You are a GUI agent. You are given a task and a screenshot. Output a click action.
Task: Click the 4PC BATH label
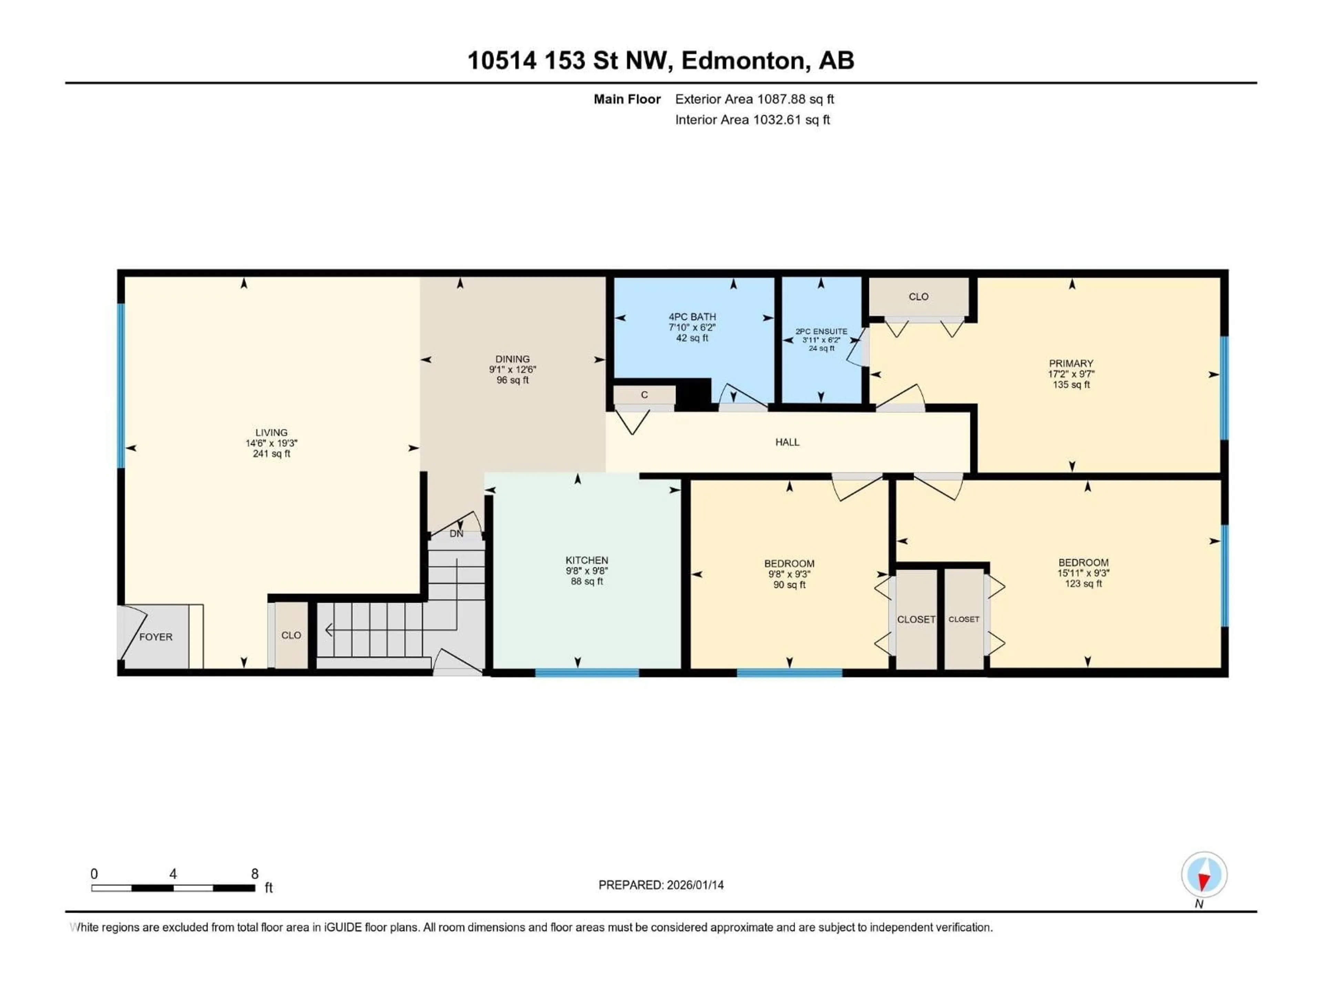tap(692, 317)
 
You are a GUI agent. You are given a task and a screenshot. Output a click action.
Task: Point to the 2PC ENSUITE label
tap(821, 331)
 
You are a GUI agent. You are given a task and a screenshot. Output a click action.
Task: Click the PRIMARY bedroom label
tap(1070, 363)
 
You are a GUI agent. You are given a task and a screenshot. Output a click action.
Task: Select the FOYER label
tap(155, 637)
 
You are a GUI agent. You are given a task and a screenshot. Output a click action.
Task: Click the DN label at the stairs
tap(457, 533)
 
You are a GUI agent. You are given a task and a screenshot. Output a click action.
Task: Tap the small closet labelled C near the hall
tap(644, 395)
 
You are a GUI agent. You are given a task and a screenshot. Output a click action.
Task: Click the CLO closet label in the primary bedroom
tap(918, 297)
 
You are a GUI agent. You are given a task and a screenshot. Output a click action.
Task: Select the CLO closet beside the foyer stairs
tap(291, 635)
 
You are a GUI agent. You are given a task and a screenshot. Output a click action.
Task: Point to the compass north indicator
tap(1204, 875)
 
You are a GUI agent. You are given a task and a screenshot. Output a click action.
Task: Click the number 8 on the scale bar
tap(255, 874)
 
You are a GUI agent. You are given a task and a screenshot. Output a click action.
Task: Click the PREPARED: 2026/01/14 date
tap(661, 885)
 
